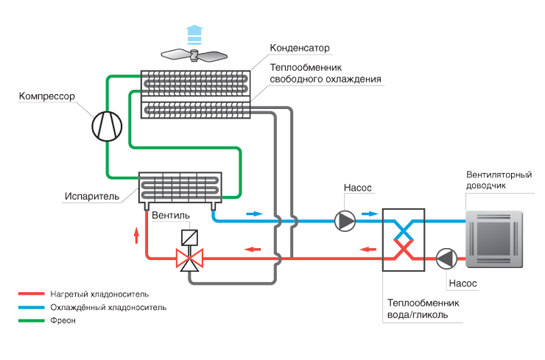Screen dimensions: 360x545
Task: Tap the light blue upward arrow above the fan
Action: [x=194, y=33]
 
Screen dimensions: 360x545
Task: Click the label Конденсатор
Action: [x=300, y=49]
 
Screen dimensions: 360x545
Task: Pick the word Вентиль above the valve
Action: [x=171, y=216]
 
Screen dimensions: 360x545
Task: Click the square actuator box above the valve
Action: [x=191, y=238]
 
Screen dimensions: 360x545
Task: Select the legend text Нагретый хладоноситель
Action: [x=95, y=293]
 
